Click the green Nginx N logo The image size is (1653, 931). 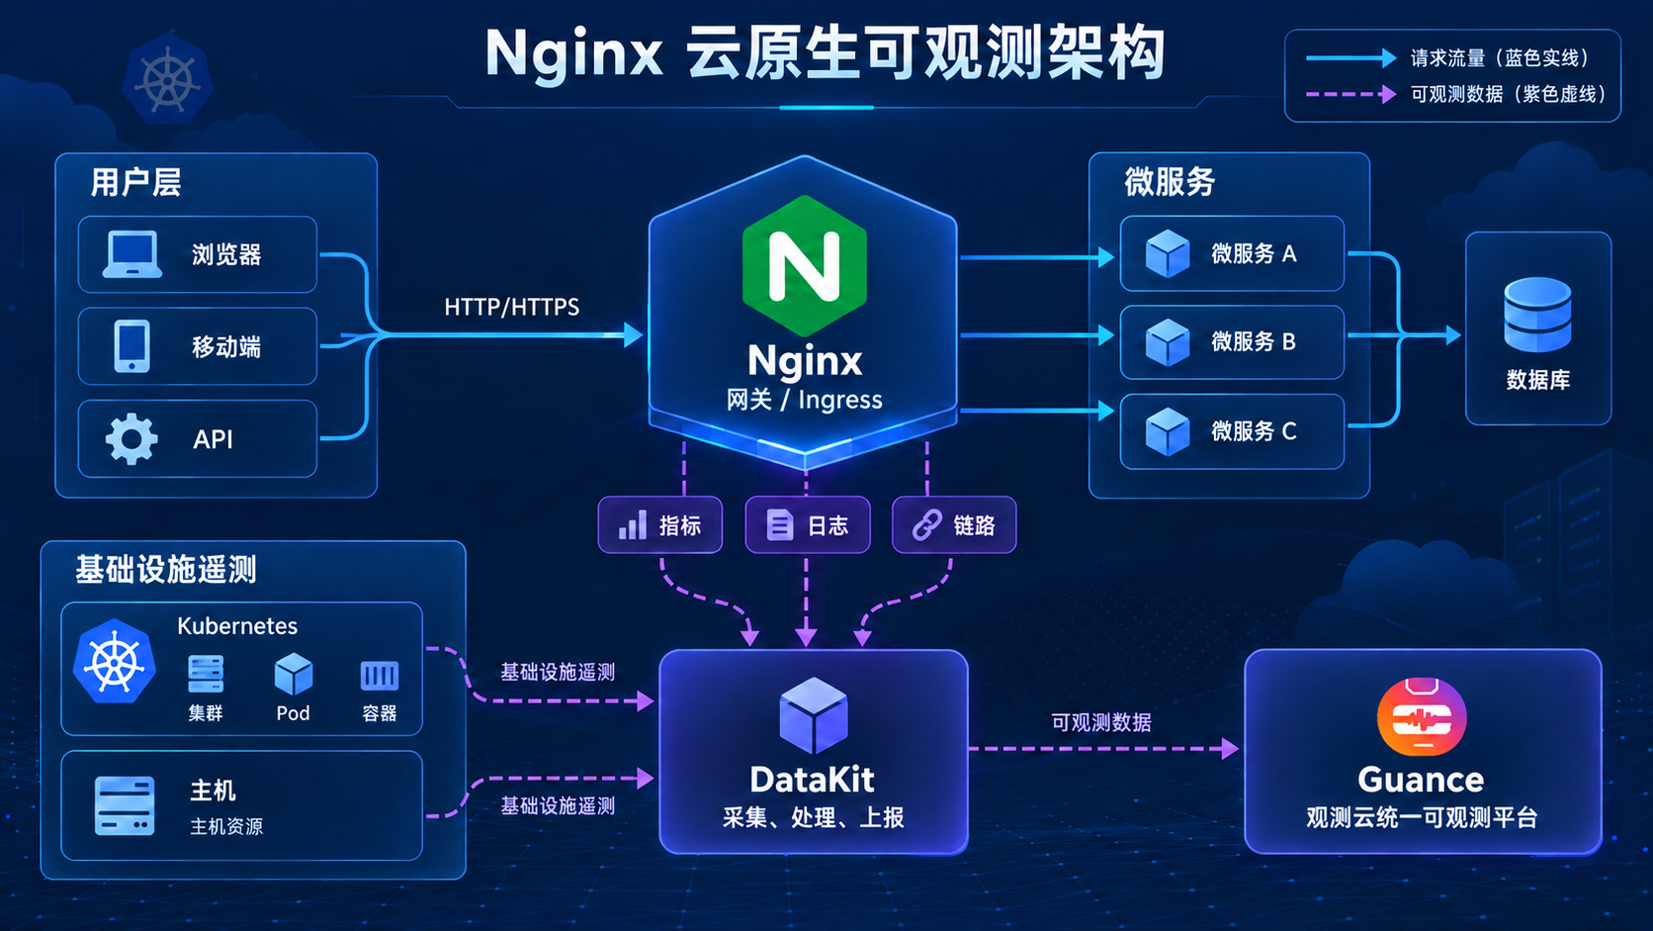tap(805, 266)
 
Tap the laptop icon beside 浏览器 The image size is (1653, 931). tap(132, 254)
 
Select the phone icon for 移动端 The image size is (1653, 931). tap(132, 345)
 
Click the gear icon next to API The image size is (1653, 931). tap(131, 438)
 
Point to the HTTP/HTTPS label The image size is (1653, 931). tap(511, 307)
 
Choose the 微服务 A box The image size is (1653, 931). tap(1232, 253)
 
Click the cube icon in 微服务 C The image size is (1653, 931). tap(1168, 431)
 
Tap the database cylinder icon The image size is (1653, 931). tap(1538, 315)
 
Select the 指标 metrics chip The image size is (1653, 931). tap(659, 525)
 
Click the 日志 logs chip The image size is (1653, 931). tap(808, 525)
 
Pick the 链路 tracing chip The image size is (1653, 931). tap(954, 525)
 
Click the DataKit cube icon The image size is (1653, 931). tap(814, 714)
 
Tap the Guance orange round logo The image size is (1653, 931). tap(1422, 717)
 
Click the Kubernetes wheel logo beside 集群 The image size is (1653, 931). tap(115, 662)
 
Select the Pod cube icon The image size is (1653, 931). tap(293, 674)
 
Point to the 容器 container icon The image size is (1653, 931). tap(380, 676)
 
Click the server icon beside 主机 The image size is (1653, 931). tap(125, 805)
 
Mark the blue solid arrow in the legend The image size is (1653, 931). tap(1351, 57)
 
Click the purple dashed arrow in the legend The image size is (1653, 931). tap(1351, 95)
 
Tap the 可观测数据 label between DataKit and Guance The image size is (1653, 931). tap(1101, 722)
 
